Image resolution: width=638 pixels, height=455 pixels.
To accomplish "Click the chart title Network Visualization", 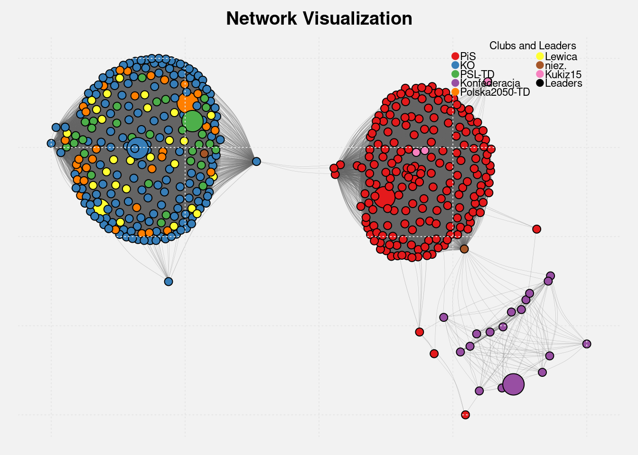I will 319,19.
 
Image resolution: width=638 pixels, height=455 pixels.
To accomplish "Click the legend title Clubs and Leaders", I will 533,46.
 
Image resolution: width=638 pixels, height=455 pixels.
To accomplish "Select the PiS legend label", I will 468,57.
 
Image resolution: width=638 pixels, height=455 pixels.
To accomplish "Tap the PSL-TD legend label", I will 477,74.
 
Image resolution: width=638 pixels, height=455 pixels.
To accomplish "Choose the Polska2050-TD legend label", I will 495,92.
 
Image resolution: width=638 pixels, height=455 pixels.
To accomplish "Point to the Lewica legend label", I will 561,57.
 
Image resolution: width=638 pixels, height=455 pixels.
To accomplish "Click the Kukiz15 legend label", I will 563,74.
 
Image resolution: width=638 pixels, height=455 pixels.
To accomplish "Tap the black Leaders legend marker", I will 540,83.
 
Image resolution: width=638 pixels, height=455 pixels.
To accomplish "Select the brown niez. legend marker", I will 540,65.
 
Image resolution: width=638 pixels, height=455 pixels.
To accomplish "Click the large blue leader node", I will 137,148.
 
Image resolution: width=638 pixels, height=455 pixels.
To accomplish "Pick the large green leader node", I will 193,121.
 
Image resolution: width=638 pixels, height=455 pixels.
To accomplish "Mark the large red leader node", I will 385,197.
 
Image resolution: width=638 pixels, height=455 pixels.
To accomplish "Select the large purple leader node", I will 513,384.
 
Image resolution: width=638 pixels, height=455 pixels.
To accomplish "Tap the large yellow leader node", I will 100,207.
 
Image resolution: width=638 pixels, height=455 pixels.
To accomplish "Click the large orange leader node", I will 187,102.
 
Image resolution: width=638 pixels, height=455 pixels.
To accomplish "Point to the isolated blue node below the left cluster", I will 169,282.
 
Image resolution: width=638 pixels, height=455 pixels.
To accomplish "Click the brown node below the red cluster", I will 464,249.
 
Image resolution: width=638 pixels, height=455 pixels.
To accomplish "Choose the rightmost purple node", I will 587,344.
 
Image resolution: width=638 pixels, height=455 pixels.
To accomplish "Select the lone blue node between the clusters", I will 256,162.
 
